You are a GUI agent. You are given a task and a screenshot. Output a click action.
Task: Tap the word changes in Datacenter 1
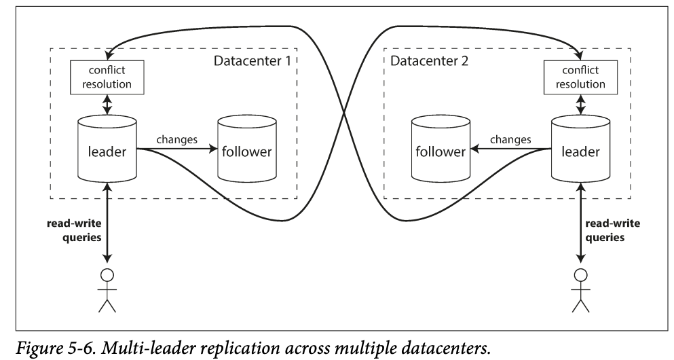(176, 140)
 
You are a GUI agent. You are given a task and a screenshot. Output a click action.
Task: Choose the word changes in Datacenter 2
(510, 140)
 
